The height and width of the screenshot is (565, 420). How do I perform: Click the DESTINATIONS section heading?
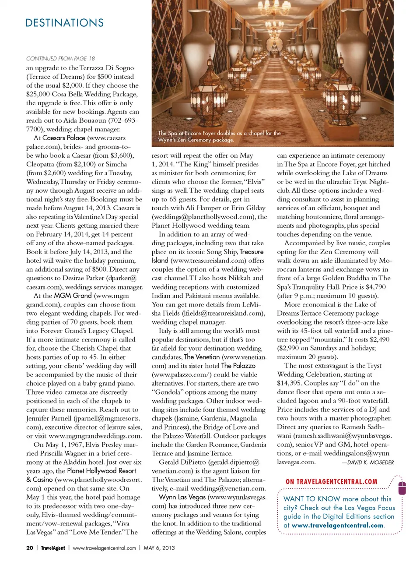click(64, 23)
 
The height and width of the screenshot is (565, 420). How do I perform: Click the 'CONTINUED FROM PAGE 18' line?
click(60, 58)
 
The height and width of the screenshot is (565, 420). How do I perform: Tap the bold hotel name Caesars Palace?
click(64, 138)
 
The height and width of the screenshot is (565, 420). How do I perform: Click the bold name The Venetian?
click(202, 357)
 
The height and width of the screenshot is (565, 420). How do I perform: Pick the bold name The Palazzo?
click(238, 366)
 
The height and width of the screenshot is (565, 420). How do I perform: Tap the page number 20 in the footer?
click(30, 547)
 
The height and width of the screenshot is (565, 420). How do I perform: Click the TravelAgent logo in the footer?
click(53, 547)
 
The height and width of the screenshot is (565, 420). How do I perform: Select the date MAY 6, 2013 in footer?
click(159, 547)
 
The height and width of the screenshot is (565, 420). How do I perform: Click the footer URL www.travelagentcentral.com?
click(104, 547)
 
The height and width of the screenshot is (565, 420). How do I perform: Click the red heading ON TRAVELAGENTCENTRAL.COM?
click(331, 482)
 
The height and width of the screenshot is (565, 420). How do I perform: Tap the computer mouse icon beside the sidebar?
click(402, 487)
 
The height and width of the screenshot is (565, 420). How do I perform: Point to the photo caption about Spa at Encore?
click(219, 136)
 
